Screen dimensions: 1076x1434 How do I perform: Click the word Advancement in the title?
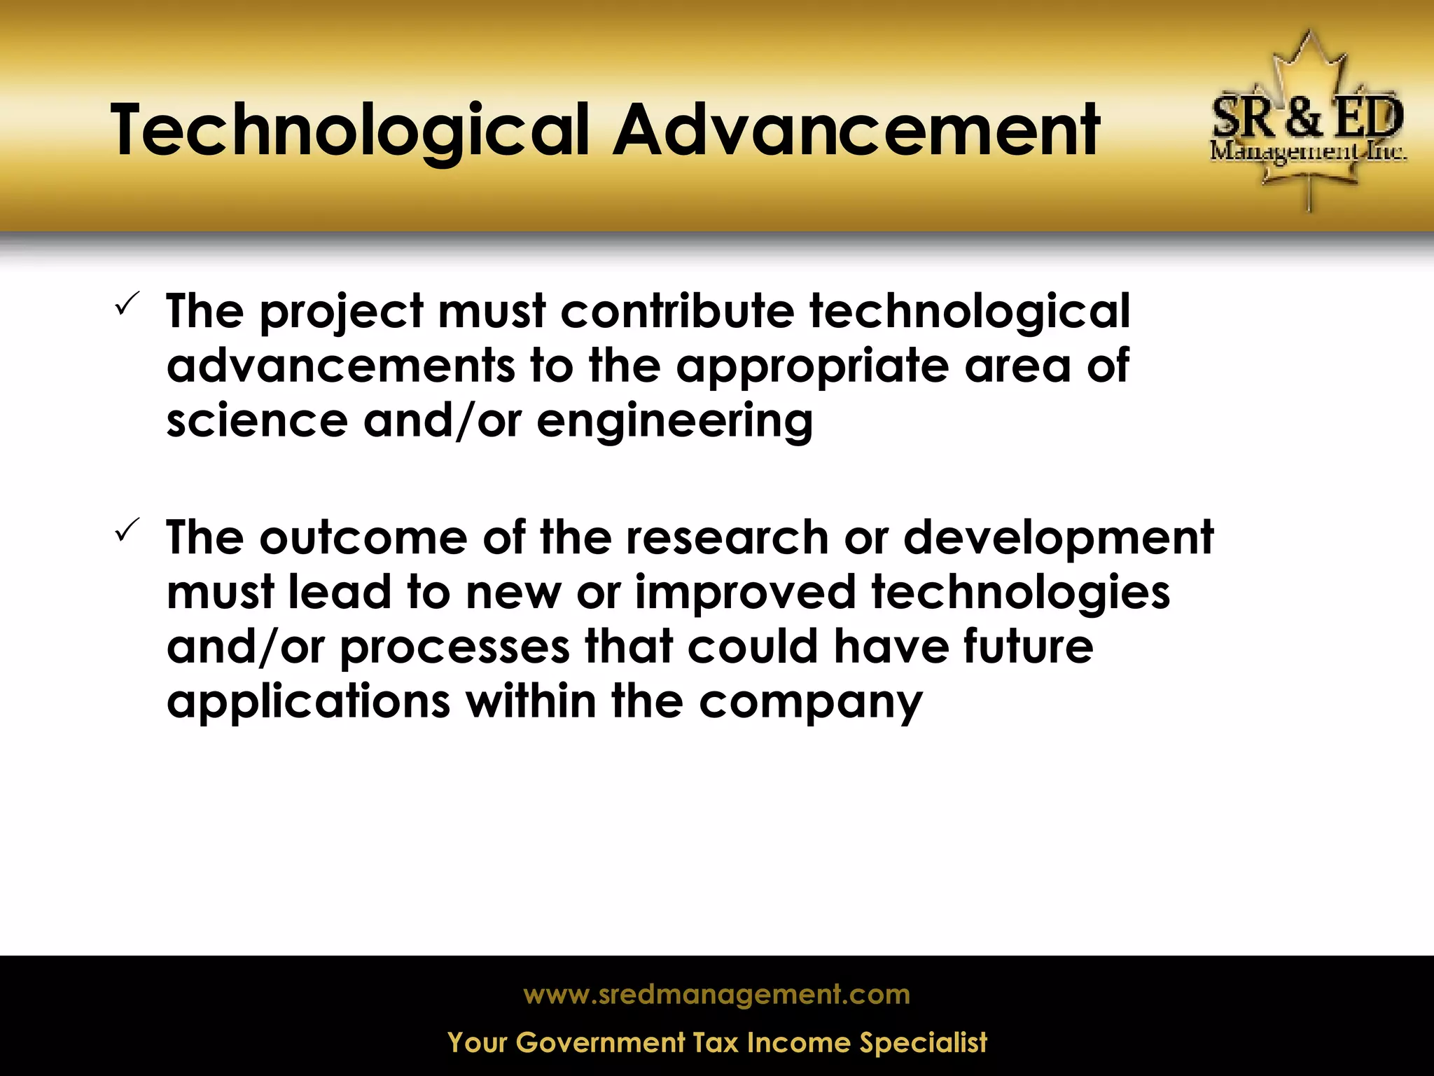point(856,131)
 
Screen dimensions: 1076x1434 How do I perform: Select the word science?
point(256,421)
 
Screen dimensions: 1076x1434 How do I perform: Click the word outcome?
point(363,538)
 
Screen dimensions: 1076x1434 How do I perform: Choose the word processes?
point(454,648)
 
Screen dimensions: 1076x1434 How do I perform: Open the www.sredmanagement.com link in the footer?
point(716,994)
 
